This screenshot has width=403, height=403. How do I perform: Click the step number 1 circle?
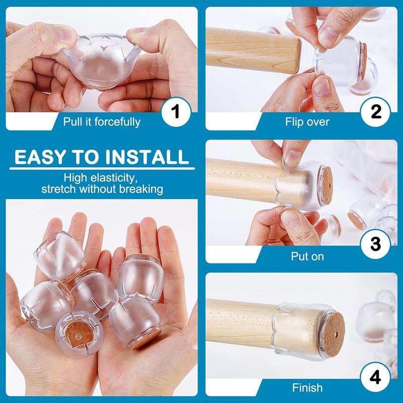[x=176, y=112]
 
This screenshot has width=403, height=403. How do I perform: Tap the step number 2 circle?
[x=375, y=112]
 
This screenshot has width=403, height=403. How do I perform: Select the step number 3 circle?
[x=375, y=244]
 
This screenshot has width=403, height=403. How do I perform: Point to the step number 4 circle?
[x=375, y=377]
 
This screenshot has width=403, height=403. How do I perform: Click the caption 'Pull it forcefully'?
[x=102, y=122]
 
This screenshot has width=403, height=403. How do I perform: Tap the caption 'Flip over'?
[x=307, y=122]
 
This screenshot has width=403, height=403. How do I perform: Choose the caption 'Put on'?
[x=307, y=256]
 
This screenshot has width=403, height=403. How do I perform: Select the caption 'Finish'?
[x=307, y=387]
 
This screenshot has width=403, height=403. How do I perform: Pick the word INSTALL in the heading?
[x=147, y=157]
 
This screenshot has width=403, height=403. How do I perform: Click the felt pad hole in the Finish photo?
[x=336, y=334]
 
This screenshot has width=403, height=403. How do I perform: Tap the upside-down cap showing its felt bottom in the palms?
[x=79, y=333]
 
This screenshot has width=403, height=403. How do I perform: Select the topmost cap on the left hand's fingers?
[x=59, y=255]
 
